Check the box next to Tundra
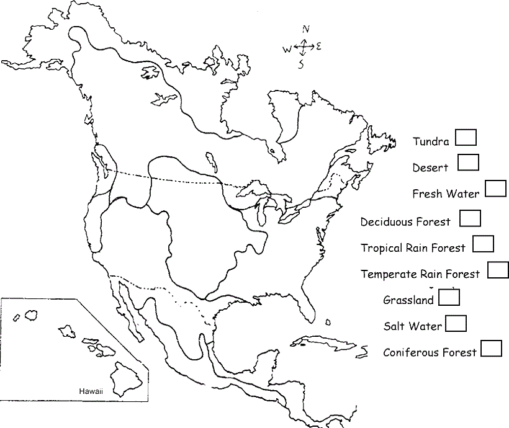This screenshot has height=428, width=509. (x=466, y=137)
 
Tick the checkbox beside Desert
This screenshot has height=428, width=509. (x=469, y=162)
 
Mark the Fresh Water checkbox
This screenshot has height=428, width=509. (x=495, y=189)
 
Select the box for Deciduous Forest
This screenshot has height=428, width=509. (x=470, y=218)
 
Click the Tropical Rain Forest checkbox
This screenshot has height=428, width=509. (x=483, y=244)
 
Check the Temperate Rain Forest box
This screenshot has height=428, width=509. (x=498, y=270)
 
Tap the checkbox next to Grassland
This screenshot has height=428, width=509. (x=449, y=297)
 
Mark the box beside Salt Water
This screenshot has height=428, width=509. (x=456, y=323)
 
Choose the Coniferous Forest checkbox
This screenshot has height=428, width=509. (x=491, y=349)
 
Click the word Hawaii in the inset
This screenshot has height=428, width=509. (x=91, y=391)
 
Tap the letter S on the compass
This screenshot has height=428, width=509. (x=301, y=65)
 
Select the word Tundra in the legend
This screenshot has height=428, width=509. (x=431, y=142)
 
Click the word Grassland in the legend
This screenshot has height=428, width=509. (x=408, y=301)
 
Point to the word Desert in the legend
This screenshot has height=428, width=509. (x=430, y=167)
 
